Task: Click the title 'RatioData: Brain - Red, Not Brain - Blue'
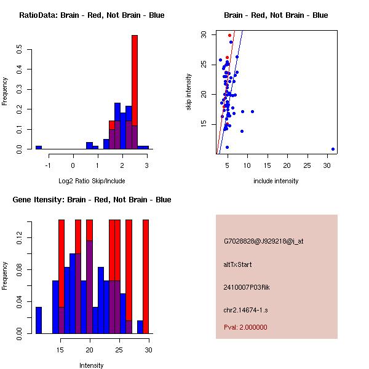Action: coord(92,15)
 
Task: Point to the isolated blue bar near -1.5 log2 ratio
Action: coord(39,148)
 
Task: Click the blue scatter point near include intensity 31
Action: coord(333,149)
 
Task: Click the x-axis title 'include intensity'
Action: coord(276,181)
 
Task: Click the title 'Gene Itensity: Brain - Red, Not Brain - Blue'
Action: coord(91,200)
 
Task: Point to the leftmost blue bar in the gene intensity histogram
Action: coord(39,320)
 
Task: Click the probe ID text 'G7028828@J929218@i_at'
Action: coord(264,241)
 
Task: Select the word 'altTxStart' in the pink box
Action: coord(238,264)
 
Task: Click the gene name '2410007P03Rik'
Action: coord(247,287)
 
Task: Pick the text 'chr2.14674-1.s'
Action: coord(245,310)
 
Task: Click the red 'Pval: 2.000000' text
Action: coord(246,327)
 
